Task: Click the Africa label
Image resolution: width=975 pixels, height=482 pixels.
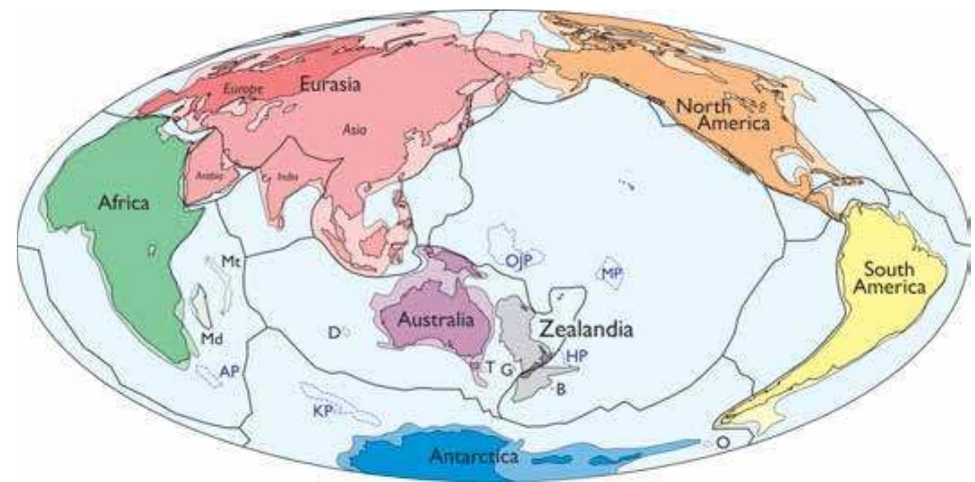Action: pos(124,203)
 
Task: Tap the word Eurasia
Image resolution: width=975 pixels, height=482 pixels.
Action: pos(330,84)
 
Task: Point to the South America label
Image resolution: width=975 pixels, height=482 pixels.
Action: pos(888,278)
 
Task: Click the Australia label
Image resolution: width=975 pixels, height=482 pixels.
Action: pos(436,320)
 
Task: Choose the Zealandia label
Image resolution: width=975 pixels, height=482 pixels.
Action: pos(585,329)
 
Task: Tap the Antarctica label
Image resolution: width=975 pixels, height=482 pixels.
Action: pos(474,457)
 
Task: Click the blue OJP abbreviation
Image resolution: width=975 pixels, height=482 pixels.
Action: pos(519,261)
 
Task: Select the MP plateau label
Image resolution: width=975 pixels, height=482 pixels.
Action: pos(612,273)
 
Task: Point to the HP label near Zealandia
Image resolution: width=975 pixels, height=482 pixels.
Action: pos(576,357)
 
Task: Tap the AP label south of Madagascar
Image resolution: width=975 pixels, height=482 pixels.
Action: pos(229,372)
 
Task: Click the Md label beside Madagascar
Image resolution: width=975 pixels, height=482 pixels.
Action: pos(211,339)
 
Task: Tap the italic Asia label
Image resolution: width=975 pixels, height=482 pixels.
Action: pos(354,129)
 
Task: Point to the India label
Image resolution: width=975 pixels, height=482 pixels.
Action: pos(288,177)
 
